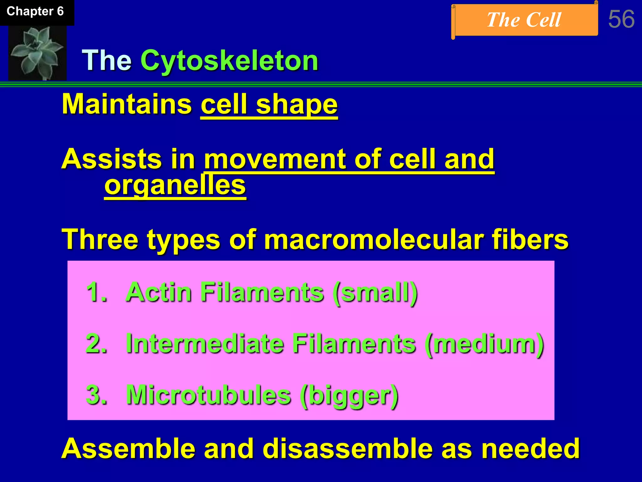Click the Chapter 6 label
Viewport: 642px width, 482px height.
click(35, 12)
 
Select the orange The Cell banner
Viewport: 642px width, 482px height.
click(524, 20)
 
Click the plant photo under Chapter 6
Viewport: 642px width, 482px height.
click(37, 52)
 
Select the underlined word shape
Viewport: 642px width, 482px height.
click(297, 105)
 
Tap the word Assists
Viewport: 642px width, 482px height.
click(112, 159)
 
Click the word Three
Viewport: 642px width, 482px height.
click(100, 239)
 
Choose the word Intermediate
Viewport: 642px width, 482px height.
click(205, 344)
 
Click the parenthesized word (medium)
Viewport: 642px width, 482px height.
click(484, 344)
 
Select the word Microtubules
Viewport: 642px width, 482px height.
click(208, 395)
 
